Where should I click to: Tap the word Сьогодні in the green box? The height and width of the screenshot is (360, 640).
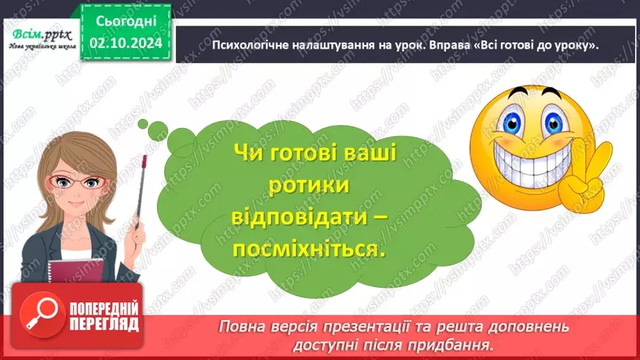126,22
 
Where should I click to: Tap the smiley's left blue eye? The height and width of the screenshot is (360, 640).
515,120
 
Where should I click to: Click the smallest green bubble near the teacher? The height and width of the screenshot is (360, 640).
142,124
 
